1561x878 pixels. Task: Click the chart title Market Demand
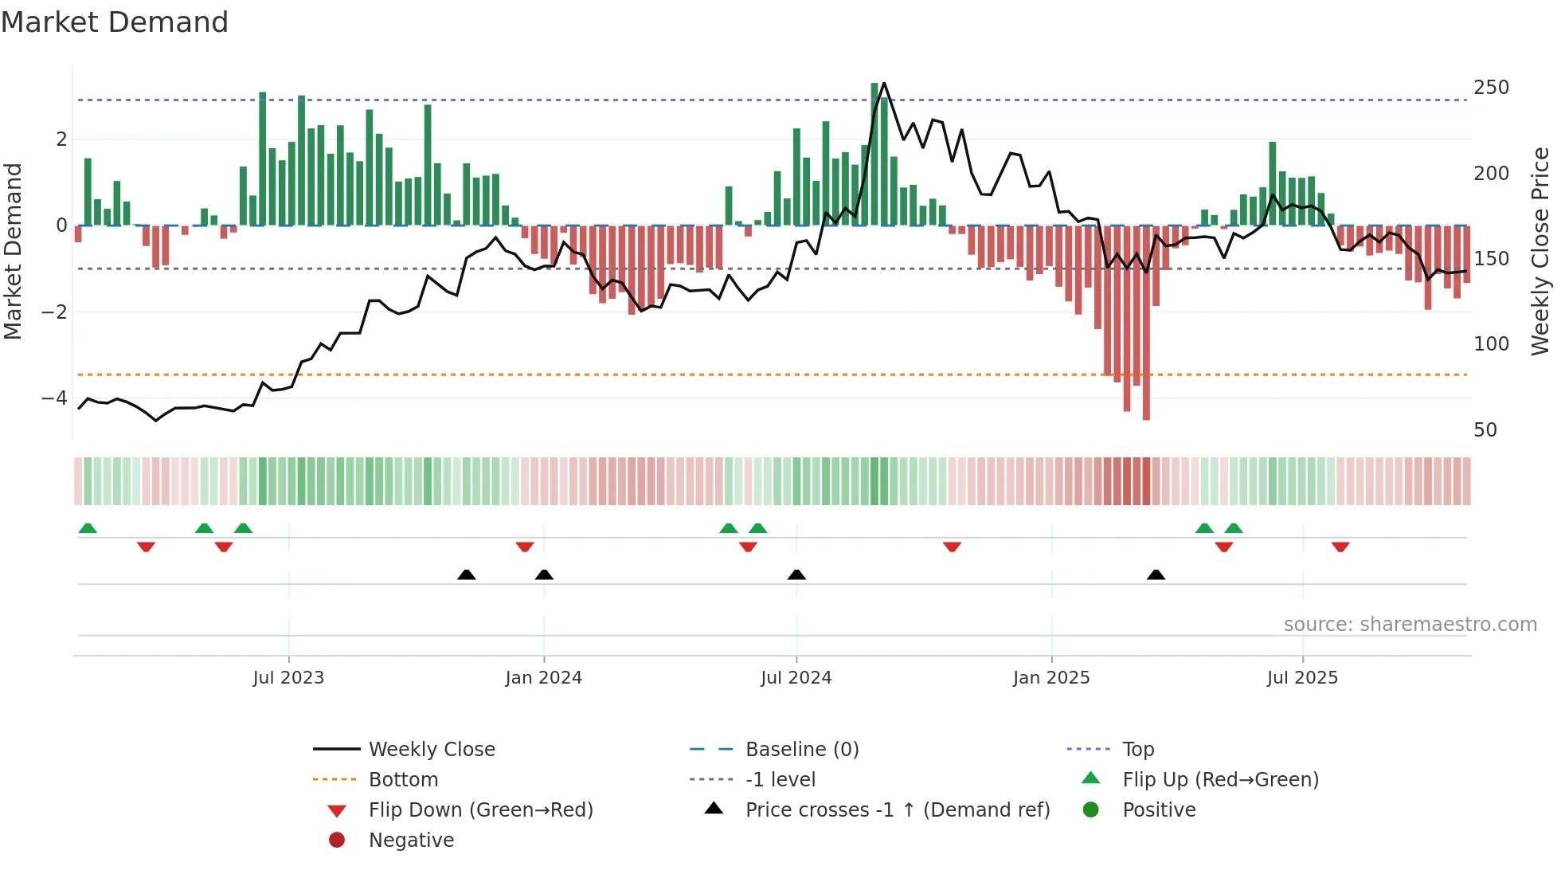pyautogui.click(x=115, y=22)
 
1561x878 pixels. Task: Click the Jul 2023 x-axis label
pyautogui.click(x=288, y=678)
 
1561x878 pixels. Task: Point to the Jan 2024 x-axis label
pyautogui.click(x=543, y=678)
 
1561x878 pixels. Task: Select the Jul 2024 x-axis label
pyautogui.click(x=796, y=678)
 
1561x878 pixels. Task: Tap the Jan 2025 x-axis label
pyautogui.click(x=1051, y=678)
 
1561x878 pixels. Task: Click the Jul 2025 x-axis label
pyautogui.click(x=1302, y=678)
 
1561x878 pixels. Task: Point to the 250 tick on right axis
pyautogui.click(x=1491, y=88)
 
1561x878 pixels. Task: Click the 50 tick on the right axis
pyautogui.click(x=1485, y=430)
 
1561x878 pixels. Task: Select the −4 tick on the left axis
pyautogui.click(x=54, y=398)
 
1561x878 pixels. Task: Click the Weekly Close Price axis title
pyautogui.click(x=1540, y=251)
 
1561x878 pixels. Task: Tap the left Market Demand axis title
pyautogui.click(x=13, y=251)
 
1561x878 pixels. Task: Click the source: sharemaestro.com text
pyautogui.click(x=1410, y=625)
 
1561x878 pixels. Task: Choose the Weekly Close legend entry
pyautogui.click(x=431, y=750)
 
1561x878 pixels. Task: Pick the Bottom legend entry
pyautogui.click(x=403, y=780)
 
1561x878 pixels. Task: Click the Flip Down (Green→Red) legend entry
pyautogui.click(x=480, y=810)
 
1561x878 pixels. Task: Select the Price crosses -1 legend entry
pyautogui.click(x=897, y=810)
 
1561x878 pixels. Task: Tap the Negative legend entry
pyautogui.click(x=411, y=841)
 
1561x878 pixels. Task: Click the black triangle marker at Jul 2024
pyautogui.click(x=796, y=574)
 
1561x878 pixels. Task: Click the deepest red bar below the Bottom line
pyautogui.click(x=1146, y=398)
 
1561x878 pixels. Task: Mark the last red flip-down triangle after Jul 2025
pyautogui.click(x=1340, y=547)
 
